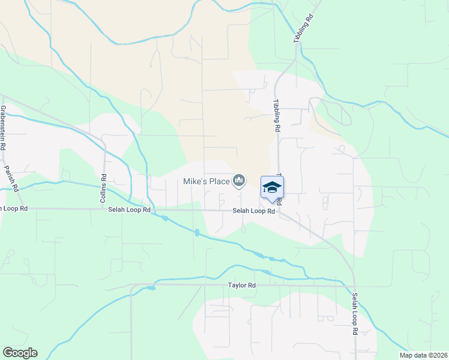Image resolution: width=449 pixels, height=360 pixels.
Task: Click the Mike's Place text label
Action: (207, 181)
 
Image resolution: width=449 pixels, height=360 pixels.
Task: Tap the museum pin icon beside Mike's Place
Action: (240, 180)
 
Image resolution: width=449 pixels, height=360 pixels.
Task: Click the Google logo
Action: (20, 353)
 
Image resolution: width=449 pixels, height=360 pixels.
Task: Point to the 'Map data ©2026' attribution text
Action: (423, 355)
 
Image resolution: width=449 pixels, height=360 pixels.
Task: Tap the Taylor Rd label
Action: (242, 286)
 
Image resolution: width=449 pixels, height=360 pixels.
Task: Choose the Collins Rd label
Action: (104, 187)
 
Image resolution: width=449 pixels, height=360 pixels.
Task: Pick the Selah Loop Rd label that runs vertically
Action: (355, 314)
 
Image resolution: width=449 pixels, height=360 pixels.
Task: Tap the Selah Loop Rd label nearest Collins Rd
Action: (129, 209)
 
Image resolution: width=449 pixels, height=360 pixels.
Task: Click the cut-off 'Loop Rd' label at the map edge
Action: (14, 208)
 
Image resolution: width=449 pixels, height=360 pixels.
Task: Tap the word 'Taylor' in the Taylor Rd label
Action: (238, 286)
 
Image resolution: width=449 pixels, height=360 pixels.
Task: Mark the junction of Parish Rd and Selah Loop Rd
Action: (21, 208)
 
